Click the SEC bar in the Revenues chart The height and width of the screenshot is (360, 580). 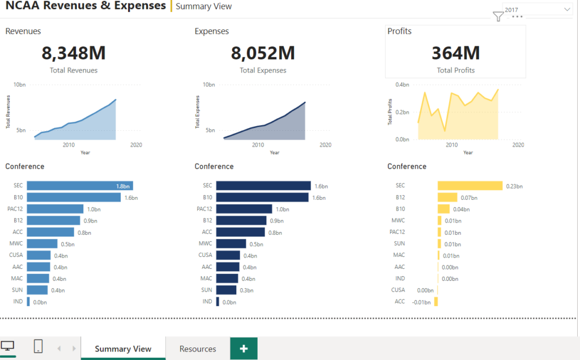pos(80,186)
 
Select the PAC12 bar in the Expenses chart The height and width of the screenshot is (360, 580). pos(244,209)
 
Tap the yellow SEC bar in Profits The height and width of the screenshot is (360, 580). pos(470,186)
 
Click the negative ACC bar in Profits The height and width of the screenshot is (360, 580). pos(436,302)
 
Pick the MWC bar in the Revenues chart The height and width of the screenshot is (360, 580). pos(42,243)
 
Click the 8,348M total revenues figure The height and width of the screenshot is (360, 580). pos(74,53)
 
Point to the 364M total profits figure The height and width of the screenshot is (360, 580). pos(456,53)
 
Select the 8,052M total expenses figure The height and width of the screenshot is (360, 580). pos(263,53)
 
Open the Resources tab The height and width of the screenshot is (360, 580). pos(198,349)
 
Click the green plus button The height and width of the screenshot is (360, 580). pos(244,349)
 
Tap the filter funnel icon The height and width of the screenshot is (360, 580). pos(498,16)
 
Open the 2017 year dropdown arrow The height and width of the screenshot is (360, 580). pos(567,9)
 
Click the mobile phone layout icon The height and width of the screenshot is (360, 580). pos(38,346)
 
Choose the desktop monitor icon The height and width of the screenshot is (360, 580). pos(7,346)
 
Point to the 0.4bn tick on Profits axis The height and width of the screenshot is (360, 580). pos(402,85)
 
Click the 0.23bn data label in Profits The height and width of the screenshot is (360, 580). pos(514,186)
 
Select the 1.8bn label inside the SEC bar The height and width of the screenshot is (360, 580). pos(123,186)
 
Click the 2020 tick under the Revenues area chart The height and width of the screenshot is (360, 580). pos(136,145)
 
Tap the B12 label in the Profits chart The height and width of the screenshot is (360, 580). pos(400,198)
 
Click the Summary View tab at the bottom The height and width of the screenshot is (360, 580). pos(123,349)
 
